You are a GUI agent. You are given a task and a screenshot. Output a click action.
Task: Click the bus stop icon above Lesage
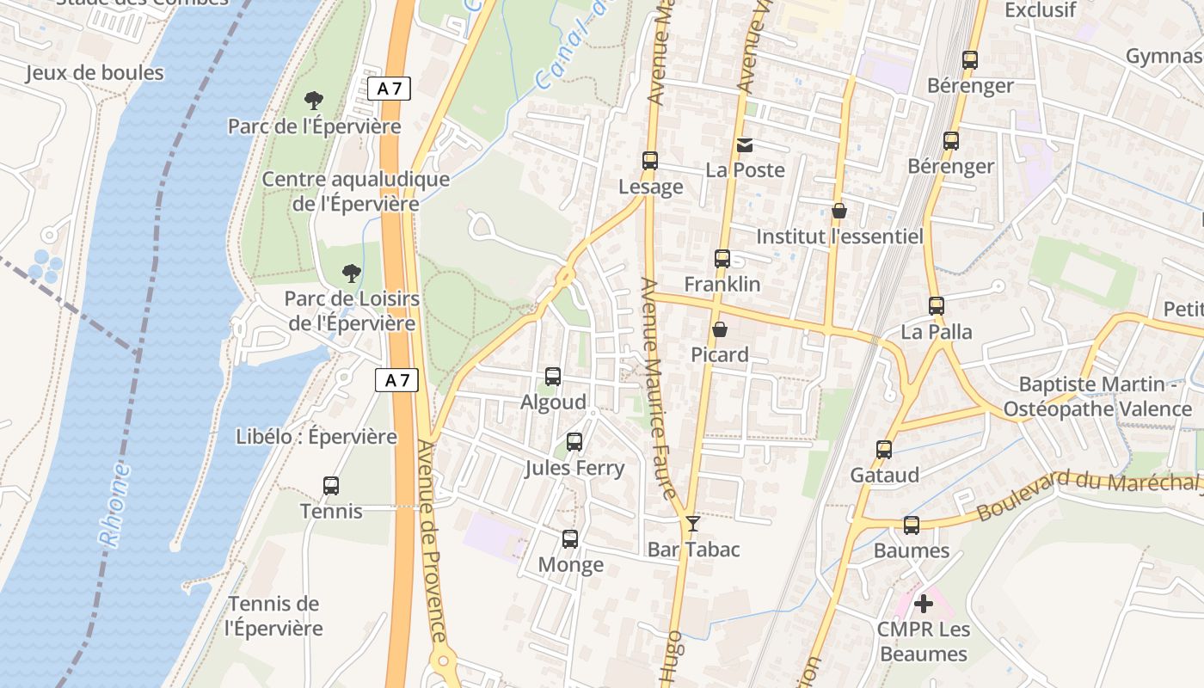pos(650,161)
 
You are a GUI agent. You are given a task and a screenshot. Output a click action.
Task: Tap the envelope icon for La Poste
pos(745,145)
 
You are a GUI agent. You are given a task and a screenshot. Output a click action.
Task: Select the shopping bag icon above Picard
pos(720,330)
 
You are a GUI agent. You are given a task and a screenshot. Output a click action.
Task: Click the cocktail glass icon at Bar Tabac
pos(692,524)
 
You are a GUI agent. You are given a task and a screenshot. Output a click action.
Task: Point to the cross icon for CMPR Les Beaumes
pos(924,604)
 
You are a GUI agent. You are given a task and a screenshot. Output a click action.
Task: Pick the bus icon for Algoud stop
pos(553,377)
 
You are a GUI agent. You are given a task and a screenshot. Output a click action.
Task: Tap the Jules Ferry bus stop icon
pos(574,442)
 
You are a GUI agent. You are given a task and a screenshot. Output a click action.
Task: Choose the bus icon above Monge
pos(570,539)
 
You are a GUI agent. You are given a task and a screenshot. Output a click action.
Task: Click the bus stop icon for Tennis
pos(331,486)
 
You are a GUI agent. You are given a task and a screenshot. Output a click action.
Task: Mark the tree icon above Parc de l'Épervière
pos(314,101)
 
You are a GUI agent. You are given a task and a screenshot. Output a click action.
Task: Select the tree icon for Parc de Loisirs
pos(351,273)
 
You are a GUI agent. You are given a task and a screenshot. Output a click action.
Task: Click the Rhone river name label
pos(115,505)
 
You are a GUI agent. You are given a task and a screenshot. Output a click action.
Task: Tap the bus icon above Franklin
pos(722,259)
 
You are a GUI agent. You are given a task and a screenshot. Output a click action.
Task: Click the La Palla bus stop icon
pos(937,306)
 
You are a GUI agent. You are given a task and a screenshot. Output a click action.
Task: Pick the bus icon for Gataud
pos(884,450)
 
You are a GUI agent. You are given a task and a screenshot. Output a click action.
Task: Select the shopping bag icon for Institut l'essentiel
pos(839,211)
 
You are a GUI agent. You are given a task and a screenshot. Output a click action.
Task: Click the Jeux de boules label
pos(95,73)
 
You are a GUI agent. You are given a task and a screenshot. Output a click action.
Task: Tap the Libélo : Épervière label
pos(316,437)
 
